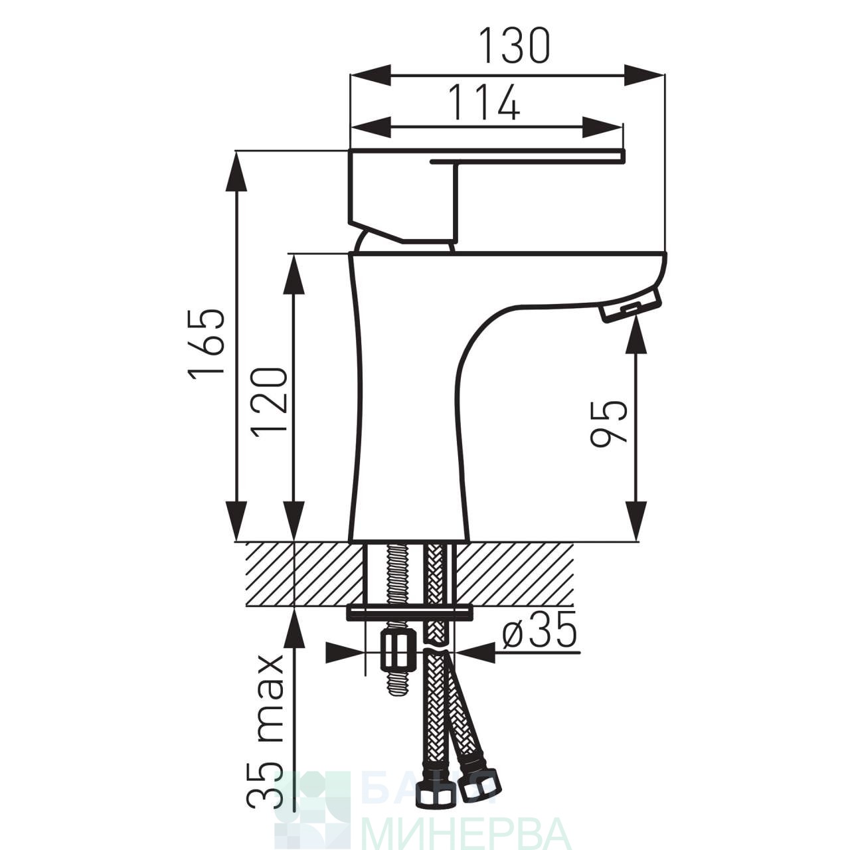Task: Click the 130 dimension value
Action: tap(515, 45)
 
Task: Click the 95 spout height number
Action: tap(608, 424)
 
